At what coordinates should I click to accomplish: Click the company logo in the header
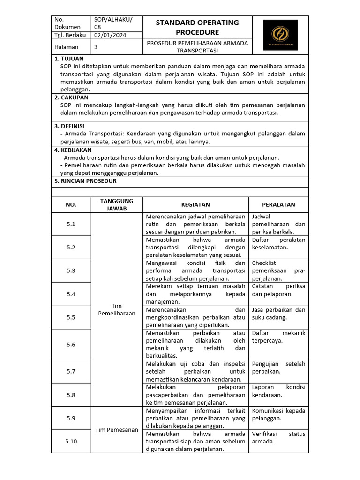click(x=280, y=35)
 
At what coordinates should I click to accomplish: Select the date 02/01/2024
click(x=110, y=35)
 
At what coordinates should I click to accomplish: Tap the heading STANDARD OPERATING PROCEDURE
click(x=197, y=27)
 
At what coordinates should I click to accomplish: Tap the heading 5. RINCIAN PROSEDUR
click(x=85, y=180)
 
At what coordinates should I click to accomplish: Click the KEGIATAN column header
click(x=195, y=204)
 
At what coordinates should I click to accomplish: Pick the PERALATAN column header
click(x=278, y=204)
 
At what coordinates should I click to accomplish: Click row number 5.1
click(x=71, y=224)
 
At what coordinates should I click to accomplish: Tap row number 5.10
click(x=71, y=441)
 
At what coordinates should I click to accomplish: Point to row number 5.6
click(x=71, y=345)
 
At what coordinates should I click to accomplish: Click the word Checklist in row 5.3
click(x=264, y=263)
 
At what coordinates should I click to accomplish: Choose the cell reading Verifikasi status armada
click(x=278, y=437)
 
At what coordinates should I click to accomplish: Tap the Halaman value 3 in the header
click(x=96, y=47)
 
